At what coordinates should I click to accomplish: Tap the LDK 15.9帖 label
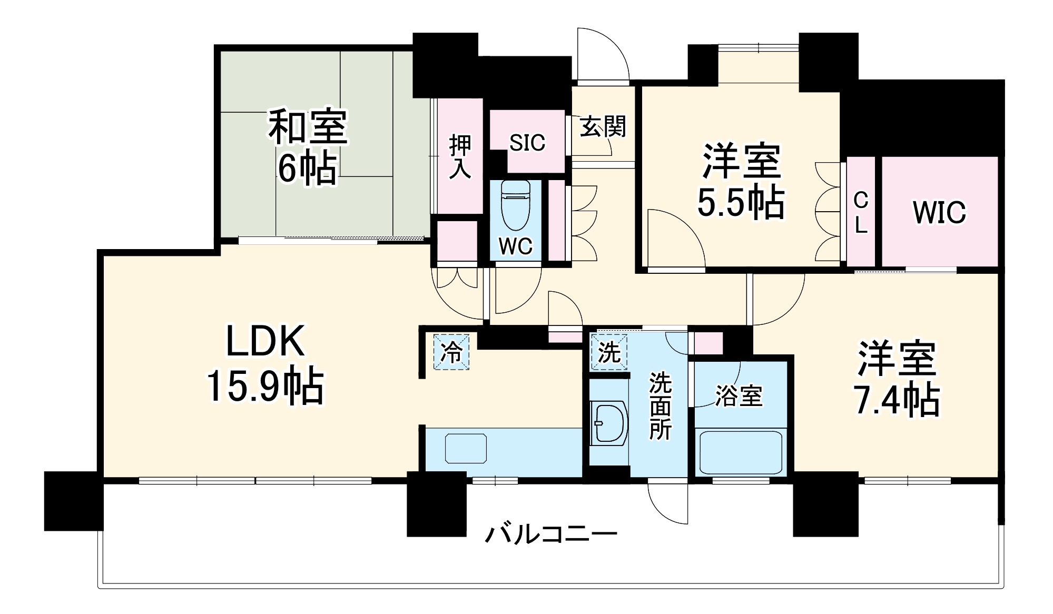point(265,363)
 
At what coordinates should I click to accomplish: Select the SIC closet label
point(527,143)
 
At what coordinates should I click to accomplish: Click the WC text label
point(515,246)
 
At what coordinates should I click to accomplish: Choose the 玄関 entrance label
point(603,127)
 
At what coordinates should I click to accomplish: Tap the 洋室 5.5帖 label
point(741,182)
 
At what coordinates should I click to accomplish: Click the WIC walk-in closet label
point(939,213)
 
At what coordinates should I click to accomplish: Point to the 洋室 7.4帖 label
point(897,379)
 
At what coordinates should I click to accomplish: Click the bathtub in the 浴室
point(740,453)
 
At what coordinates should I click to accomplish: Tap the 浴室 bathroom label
point(739,396)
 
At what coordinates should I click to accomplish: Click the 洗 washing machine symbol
point(609,352)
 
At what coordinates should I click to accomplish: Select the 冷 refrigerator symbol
point(451,352)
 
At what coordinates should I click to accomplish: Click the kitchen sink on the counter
point(466,449)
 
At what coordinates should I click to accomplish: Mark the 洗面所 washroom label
point(660,405)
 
